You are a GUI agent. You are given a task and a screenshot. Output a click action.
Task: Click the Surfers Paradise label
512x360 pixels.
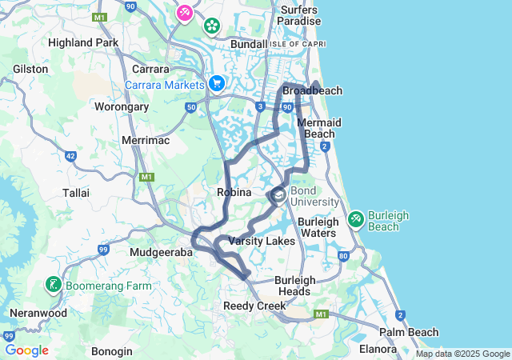pos(299,15)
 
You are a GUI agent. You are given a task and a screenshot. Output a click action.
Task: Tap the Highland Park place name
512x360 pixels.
pos(83,42)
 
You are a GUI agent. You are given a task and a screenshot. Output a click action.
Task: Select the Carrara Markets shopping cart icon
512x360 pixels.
pos(216,83)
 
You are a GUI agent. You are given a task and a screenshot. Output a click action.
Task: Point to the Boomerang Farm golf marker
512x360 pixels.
pos(53,284)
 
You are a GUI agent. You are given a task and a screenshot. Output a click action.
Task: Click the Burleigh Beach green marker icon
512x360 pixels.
pos(356,217)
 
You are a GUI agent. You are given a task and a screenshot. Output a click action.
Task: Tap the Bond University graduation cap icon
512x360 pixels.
pos(278,194)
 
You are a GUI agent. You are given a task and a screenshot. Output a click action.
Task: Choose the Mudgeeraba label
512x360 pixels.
pos(161,252)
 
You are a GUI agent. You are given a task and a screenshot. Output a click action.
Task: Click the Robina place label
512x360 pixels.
pos(234,192)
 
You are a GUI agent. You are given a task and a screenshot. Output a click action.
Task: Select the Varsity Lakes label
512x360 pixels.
pos(262,241)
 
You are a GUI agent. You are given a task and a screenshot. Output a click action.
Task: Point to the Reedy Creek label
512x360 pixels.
pos(250,306)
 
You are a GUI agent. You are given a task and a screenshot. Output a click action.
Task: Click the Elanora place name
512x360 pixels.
pos(378,349)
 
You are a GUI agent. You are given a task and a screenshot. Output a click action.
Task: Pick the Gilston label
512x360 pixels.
pos(30,70)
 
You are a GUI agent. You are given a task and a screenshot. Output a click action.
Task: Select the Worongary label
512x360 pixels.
pos(122,106)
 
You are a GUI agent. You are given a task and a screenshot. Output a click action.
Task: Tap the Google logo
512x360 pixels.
pos(27,350)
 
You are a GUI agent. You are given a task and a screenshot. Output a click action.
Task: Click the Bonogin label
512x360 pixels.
pos(111,351)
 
